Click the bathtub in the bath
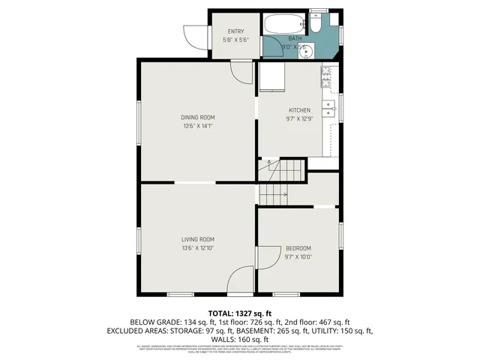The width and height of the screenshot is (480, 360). pyautogui.click(x=283, y=22)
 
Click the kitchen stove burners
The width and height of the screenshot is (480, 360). pyautogui.click(x=327, y=74)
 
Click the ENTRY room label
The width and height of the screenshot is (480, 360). pyautogui.click(x=236, y=31)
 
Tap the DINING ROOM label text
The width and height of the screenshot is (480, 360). pyautogui.click(x=198, y=117)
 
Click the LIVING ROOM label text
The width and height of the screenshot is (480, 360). pyautogui.click(x=198, y=239)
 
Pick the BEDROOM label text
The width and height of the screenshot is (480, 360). pyautogui.click(x=298, y=248)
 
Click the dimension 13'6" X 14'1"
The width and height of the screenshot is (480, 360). pyautogui.click(x=198, y=126)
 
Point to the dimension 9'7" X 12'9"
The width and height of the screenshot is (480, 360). pyautogui.click(x=298, y=118)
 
